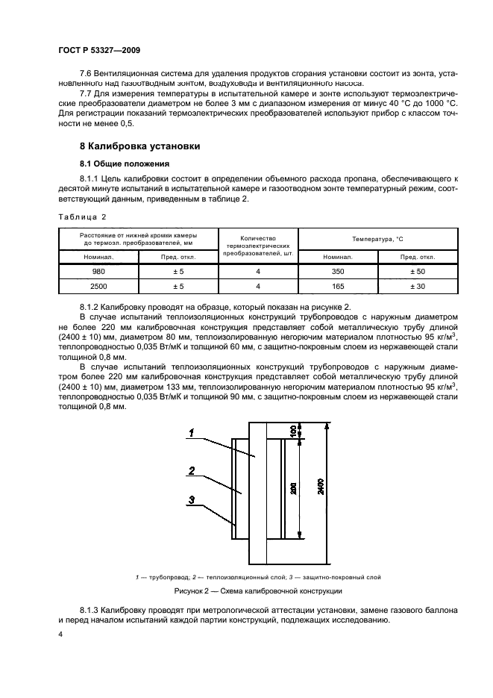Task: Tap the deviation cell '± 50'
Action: (418, 272)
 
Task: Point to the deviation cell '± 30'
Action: (418, 286)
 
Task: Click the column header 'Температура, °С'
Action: (378, 239)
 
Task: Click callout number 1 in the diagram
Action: (192, 432)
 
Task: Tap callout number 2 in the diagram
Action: (192, 471)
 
